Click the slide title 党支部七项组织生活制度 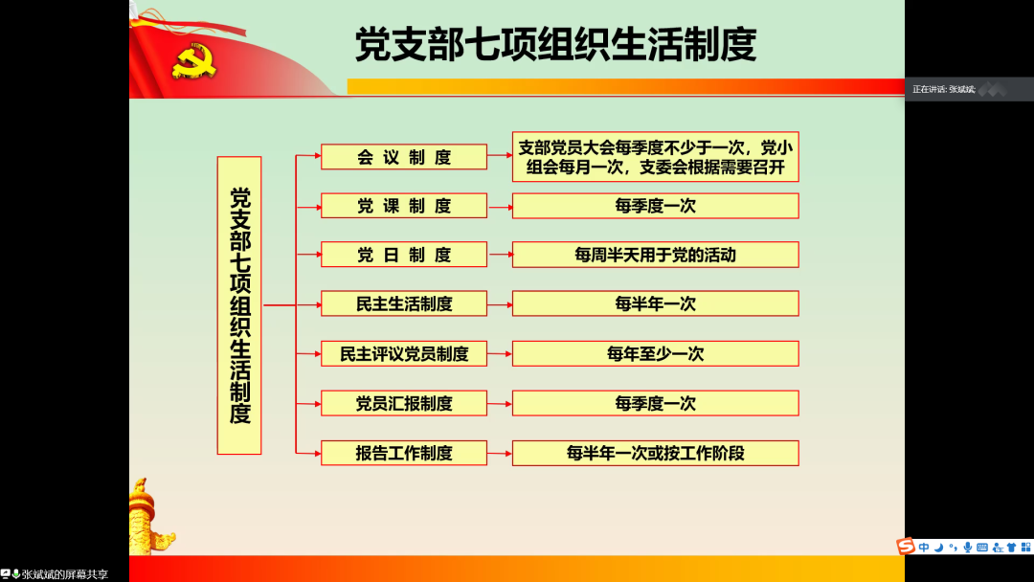(555, 45)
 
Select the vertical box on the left (239, 305)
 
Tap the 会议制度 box (404, 157)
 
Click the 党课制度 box (404, 206)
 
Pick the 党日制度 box (404, 255)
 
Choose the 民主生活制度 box (404, 303)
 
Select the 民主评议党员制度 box (404, 354)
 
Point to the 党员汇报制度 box (404, 403)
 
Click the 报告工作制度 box (404, 454)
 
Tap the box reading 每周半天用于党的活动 (656, 255)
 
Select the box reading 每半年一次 (656, 303)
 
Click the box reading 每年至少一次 (656, 354)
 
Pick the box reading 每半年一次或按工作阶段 (656, 454)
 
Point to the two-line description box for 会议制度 (656, 157)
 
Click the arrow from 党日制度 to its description (501, 255)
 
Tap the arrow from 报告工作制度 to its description (501, 454)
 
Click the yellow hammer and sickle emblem (193, 61)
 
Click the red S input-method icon (906, 547)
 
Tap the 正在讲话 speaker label (944, 89)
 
